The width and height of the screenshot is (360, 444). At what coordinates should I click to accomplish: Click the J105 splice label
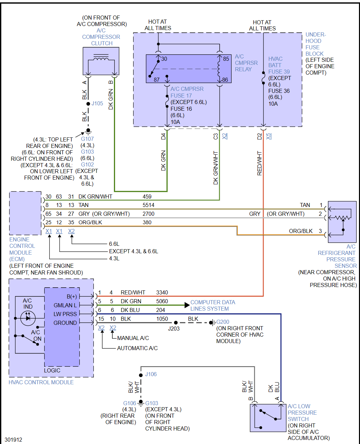pyautogui.click(x=97, y=103)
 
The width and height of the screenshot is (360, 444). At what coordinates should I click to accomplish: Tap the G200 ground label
pyautogui.click(x=223, y=322)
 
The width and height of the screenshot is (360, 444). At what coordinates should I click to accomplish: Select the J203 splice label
pyautogui.click(x=174, y=329)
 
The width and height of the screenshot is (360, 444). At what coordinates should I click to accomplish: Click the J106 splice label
pyautogui.click(x=151, y=374)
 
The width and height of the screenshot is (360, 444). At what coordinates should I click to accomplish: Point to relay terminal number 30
pyautogui.click(x=164, y=59)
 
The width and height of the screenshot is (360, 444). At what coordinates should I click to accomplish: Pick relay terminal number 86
pyautogui.click(x=225, y=80)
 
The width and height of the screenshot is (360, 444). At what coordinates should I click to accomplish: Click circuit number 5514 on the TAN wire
pyautogui.click(x=148, y=205)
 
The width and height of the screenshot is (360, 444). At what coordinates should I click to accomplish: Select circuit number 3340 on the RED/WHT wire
pyautogui.click(x=162, y=292)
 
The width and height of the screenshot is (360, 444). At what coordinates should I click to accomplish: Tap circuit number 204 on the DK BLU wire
pyautogui.click(x=161, y=310)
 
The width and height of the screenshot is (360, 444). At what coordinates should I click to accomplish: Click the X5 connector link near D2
pyautogui.click(x=269, y=136)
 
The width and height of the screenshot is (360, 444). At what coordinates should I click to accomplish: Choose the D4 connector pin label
pyautogui.click(x=163, y=136)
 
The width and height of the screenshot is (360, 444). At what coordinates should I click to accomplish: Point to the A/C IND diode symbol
pyautogui.click(x=28, y=318)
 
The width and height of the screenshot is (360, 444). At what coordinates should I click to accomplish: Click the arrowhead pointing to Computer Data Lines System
pyautogui.click(x=187, y=305)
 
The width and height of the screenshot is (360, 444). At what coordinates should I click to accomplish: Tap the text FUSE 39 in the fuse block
pyautogui.click(x=279, y=72)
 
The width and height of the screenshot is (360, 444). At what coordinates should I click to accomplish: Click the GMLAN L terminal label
pyautogui.click(x=65, y=305)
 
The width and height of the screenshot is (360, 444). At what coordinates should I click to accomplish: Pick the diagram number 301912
pyautogui.click(x=13, y=440)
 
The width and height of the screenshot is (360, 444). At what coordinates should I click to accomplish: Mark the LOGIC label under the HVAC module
pyautogui.click(x=52, y=370)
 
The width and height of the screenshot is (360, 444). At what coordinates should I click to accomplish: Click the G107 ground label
pyautogui.click(x=87, y=139)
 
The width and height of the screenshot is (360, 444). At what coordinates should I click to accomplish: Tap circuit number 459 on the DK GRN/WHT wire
pyautogui.click(x=147, y=197)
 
